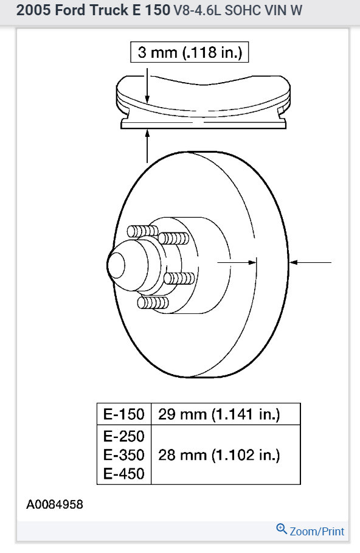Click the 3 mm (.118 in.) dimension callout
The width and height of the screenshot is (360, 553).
(190, 52)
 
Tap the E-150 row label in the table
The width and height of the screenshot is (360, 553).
(124, 414)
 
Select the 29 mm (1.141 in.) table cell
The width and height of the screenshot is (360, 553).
(219, 414)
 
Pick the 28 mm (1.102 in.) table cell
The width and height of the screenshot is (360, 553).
(219, 455)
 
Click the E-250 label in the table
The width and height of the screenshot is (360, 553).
(124, 437)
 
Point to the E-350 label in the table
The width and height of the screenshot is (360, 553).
(124, 455)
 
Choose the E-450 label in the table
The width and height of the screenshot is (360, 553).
(124, 473)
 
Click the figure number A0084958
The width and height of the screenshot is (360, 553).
(55, 504)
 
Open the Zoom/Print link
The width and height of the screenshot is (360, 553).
(317, 531)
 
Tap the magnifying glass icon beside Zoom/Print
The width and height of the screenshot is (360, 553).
(282, 529)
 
